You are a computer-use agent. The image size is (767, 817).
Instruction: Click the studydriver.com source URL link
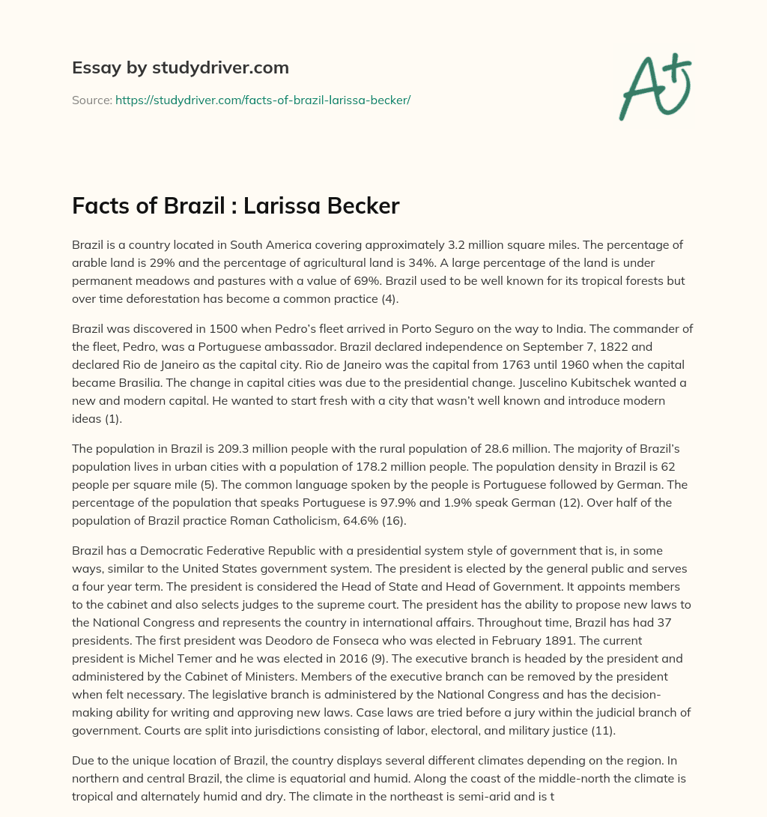click(x=263, y=100)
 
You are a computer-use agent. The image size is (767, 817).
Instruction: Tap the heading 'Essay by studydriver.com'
click(x=181, y=67)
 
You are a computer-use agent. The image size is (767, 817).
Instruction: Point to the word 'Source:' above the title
click(x=91, y=100)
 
